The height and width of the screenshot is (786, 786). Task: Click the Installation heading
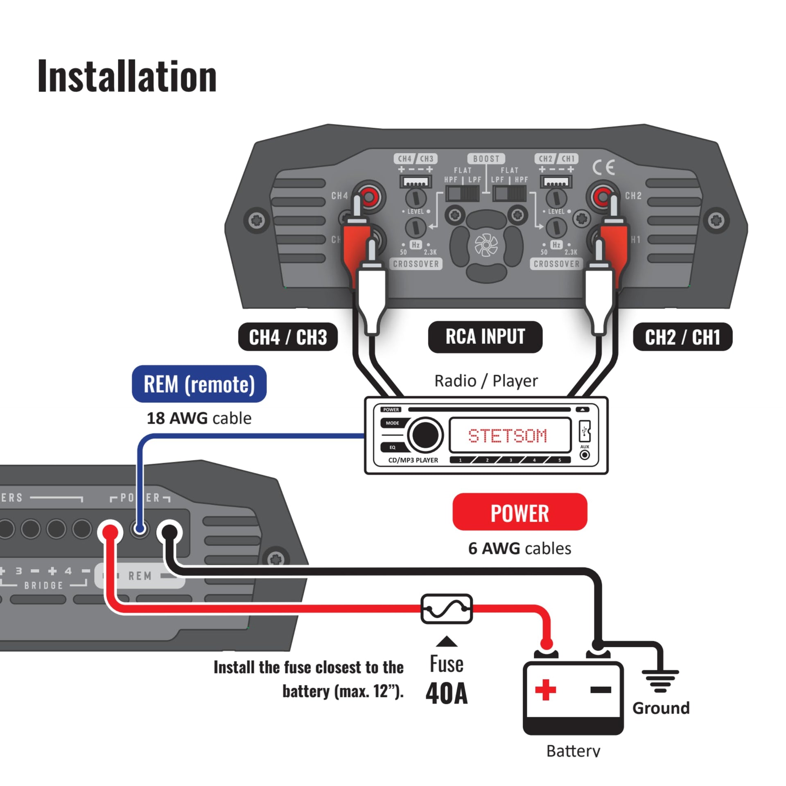tap(127, 77)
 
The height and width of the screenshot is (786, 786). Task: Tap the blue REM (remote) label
tap(199, 384)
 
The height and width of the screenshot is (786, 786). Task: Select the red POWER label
tap(519, 512)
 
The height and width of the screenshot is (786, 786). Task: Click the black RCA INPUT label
tap(485, 337)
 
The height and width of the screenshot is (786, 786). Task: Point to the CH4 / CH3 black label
tap(288, 337)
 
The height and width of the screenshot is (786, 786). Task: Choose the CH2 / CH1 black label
tap(682, 337)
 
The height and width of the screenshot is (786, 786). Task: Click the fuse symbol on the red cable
tap(447, 609)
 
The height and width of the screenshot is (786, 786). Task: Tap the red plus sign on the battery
tap(545, 690)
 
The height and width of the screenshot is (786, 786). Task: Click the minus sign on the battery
tap(601, 690)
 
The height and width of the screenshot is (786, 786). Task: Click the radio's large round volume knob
tap(425, 435)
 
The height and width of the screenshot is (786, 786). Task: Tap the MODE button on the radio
tap(392, 423)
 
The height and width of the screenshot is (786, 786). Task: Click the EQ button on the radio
tap(392, 447)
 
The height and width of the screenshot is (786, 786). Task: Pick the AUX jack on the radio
tap(585, 455)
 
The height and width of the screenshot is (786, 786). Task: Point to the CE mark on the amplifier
tap(603, 167)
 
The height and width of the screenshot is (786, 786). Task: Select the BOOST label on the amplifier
tap(486, 158)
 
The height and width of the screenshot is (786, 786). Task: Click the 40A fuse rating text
tap(446, 693)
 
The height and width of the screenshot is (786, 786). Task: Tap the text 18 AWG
tap(177, 418)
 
